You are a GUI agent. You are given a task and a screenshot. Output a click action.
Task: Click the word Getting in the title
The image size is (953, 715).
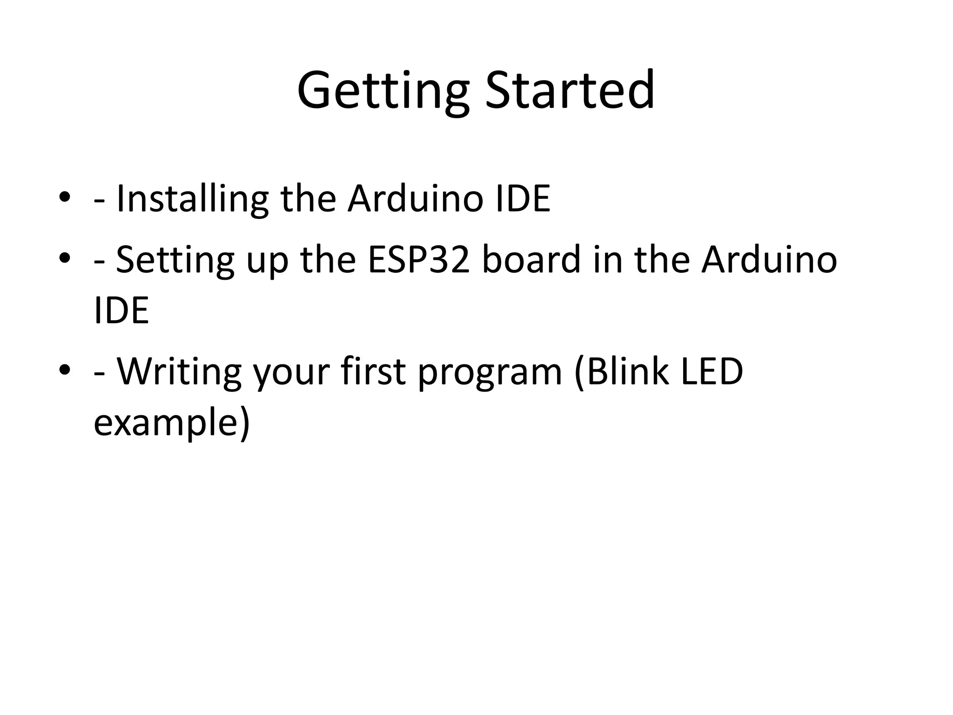pos(383,91)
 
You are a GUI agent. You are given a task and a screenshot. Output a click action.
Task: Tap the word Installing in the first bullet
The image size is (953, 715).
pos(192,199)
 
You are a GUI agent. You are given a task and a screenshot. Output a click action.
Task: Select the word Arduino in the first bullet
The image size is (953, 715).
pos(416,199)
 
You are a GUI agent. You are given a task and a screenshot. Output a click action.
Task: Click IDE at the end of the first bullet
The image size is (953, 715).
pos(523,199)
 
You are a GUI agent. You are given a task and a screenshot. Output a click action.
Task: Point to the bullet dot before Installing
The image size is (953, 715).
pos(65,197)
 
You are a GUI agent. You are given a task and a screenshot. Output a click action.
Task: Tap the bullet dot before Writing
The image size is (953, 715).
pos(65,370)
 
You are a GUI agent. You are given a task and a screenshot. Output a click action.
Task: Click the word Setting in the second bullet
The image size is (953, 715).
pos(175,261)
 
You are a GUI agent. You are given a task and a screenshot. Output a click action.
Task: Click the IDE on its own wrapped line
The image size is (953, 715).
pos(121,310)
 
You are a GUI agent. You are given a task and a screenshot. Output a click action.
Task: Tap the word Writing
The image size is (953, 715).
pos(179,372)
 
